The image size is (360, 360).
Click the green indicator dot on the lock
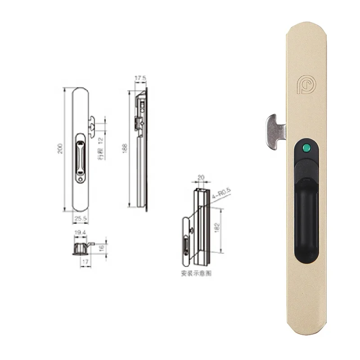[x=306, y=147]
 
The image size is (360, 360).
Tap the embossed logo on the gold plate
[x=306, y=84]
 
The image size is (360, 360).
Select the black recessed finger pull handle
[x=306, y=216]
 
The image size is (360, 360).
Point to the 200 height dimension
[x=60, y=148]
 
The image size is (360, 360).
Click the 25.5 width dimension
[x=81, y=218]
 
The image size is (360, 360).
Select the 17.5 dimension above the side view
[x=140, y=79]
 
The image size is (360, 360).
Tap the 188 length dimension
[x=125, y=148]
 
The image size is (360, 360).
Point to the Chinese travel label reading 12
[x=101, y=148]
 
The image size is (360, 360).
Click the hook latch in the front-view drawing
[x=92, y=126]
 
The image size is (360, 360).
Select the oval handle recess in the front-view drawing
[x=80, y=157]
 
